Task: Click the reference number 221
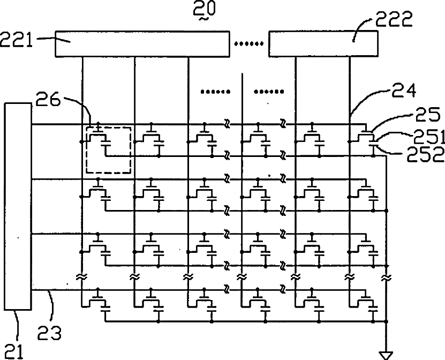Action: click(x=16, y=39)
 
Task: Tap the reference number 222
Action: click(x=394, y=19)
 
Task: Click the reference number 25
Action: click(x=428, y=114)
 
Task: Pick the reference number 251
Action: click(x=428, y=137)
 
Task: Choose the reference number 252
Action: click(x=425, y=154)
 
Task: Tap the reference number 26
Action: click(x=48, y=100)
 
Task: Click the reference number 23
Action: click(x=49, y=333)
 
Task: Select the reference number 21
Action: click(x=14, y=351)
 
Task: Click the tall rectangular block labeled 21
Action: click(x=18, y=206)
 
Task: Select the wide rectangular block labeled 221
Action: click(x=142, y=44)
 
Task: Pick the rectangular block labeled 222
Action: click(x=323, y=44)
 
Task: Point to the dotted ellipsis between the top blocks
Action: click(x=248, y=44)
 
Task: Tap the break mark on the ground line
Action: click(x=386, y=277)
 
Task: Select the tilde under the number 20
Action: click(x=204, y=19)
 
